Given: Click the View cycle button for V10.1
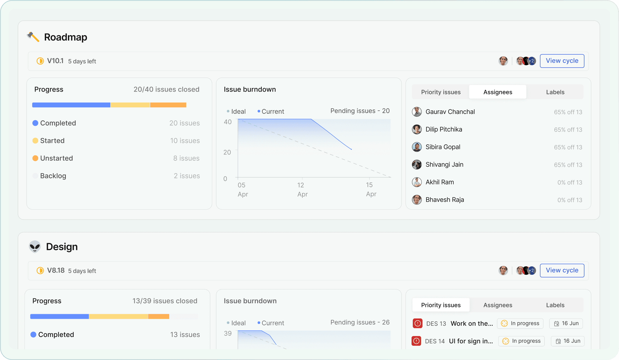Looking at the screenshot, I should pyautogui.click(x=562, y=61).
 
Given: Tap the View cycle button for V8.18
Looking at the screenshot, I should pyautogui.click(x=562, y=271).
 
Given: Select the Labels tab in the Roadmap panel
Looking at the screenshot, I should pyautogui.click(x=555, y=92).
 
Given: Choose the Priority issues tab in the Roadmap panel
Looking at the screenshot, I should pyautogui.click(x=441, y=92).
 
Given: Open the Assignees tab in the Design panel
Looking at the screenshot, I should pyautogui.click(x=498, y=305).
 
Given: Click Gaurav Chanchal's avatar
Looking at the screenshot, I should pyautogui.click(x=417, y=112).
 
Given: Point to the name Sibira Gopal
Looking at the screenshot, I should pyautogui.click(x=443, y=147).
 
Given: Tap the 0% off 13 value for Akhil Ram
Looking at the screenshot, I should pyautogui.click(x=570, y=183).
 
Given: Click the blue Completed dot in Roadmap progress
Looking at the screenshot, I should pyautogui.click(x=35, y=123).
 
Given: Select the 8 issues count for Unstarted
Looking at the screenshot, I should pyautogui.click(x=186, y=158).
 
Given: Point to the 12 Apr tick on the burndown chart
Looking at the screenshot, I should pyautogui.click(x=302, y=189).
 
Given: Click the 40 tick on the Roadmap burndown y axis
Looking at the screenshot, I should pyautogui.click(x=227, y=122).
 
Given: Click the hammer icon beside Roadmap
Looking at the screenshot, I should pyautogui.click(x=33, y=37).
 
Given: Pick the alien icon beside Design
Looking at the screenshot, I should pyautogui.click(x=35, y=247).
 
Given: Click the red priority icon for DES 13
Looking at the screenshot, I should pyautogui.click(x=418, y=323).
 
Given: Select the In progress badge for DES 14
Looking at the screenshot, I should pyautogui.click(x=522, y=341).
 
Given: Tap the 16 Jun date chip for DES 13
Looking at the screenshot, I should pyautogui.click(x=566, y=324).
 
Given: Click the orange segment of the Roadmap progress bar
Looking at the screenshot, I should pyautogui.click(x=168, y=105).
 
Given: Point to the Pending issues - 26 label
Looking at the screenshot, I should pyautogui.click(x=360, y=322).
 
